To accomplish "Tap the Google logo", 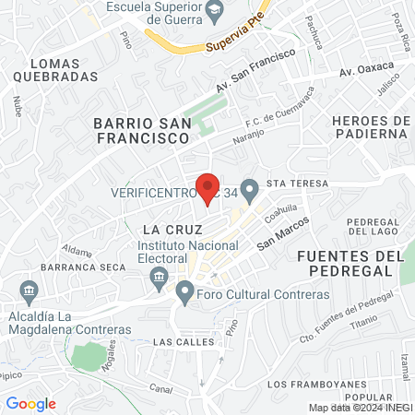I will [x=30, y=404].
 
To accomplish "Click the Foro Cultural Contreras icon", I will [x=184, y=294].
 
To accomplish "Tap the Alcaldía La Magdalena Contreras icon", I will [x=28, y=292].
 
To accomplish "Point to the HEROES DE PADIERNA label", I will [x=369, y=126].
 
